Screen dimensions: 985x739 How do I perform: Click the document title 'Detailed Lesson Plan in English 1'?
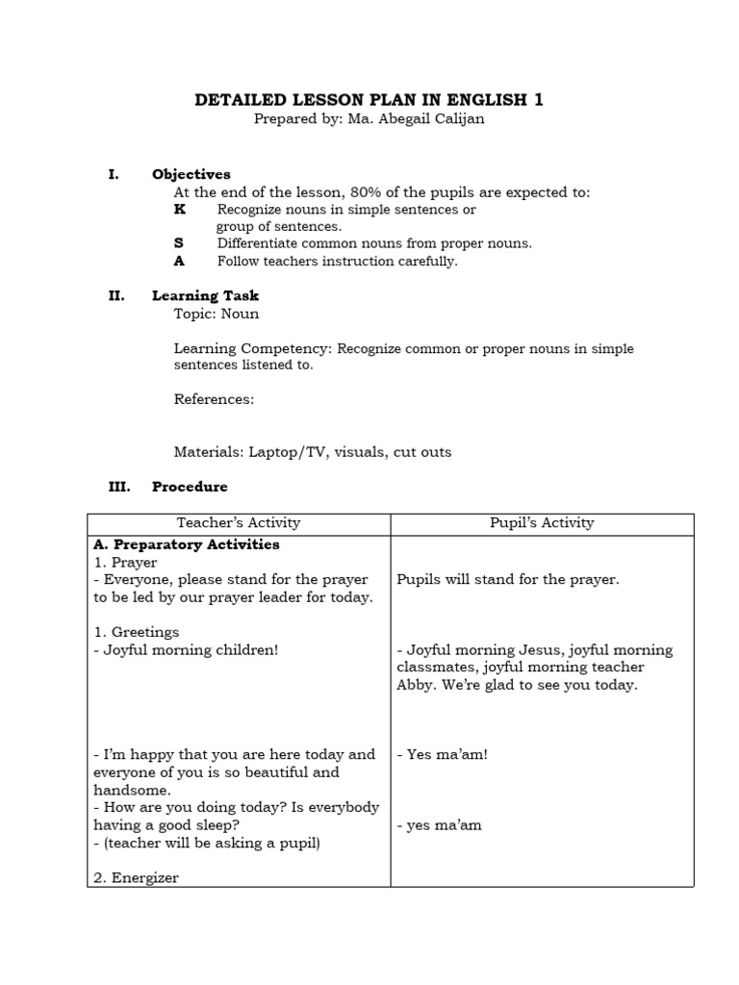pyautogui.click(x=369, y=100)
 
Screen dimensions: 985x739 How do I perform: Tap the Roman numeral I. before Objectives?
pyautogui.click(x=114, y=174)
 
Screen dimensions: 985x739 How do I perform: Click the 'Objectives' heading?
pyautogui.click(x=191, y=174)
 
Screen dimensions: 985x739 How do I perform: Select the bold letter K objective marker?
pyautogui.click(x=180, y=209)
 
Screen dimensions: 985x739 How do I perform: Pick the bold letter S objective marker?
pyautogui.click(x=179, y=243)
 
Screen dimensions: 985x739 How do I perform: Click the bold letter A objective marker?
pyautogui.click(x=179, y=261)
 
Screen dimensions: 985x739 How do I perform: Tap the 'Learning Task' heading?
pyautogui.click(x=205, y=295)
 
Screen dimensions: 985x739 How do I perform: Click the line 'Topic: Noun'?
pyautogui.click(x=216, y=314)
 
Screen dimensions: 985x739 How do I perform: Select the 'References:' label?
pyautogui.click(x=214, y=399)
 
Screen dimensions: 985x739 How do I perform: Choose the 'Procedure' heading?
pyautogui.click(x=190, y=487)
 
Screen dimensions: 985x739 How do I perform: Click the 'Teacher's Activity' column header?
pyautogui.click(x=239, y=523)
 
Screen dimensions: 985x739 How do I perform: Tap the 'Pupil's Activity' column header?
pyautogui.click(x=542, y=523)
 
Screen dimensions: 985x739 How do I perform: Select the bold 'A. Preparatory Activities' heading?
pyautogui.click(x=187, y=544)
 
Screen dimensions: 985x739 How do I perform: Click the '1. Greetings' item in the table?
pyautogui.click(x=136, y=632)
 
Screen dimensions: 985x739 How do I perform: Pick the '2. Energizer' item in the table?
pyautogui.click(x=136, y=877)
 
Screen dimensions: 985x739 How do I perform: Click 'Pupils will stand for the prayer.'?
pyautogui.click(x=508, y=580)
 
